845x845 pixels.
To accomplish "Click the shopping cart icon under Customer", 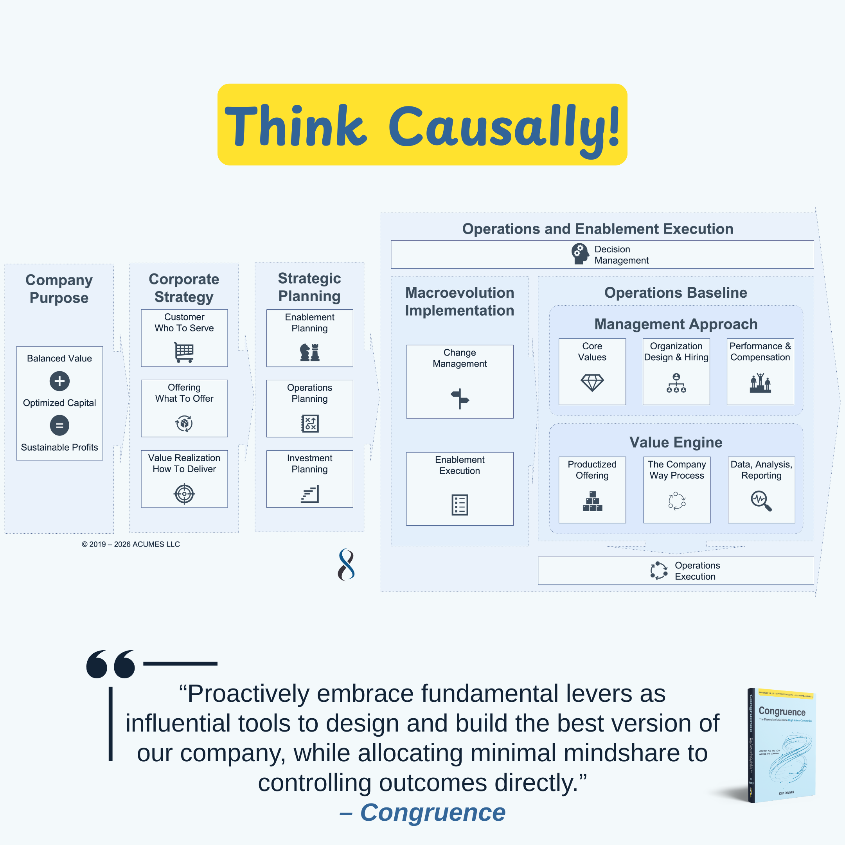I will coord(184,352).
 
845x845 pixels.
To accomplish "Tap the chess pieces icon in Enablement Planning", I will coord(310,352).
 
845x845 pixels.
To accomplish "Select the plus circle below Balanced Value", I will coord(59,381).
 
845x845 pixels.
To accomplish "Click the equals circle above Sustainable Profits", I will coord(59,425).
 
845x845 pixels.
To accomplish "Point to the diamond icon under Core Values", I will coord(592,383).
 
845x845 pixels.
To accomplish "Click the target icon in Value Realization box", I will coord(184,494).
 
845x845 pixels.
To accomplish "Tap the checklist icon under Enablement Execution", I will coord(460,505).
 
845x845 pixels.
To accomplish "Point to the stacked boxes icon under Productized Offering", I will coord(592,501).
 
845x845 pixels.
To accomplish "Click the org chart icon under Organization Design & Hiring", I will coord(676,383).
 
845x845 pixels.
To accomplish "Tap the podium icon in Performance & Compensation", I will coord(760,383).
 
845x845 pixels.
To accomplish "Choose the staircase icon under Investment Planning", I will coord(310,494).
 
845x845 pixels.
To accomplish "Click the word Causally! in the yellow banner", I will coord(504,127).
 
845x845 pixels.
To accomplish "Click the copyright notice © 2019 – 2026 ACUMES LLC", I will coord(131,544).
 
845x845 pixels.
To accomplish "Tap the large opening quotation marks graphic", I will coord(111,664).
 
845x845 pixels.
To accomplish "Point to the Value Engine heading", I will coord(676,442).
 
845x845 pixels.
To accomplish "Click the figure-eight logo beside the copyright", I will coord(346,564).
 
